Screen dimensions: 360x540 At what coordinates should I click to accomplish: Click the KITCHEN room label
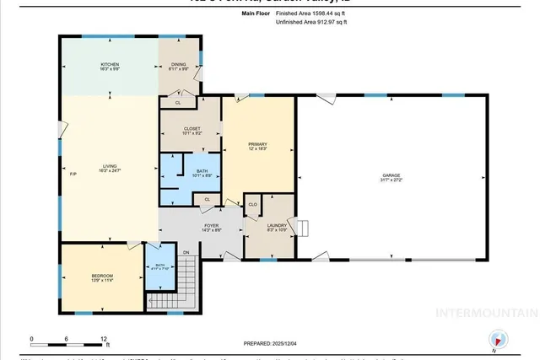tap(110, 65)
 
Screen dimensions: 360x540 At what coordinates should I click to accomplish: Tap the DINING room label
tap(178, 65)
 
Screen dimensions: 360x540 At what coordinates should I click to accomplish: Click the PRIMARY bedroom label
tap(257, 145)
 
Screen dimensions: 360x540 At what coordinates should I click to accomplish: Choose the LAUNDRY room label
tap(277, 225)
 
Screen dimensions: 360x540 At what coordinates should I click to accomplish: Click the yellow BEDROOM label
tap(102, 276)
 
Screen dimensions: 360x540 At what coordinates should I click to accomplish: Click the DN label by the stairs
tap(186, 251)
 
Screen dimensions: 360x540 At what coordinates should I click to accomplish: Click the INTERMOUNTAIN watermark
tap(485, 313)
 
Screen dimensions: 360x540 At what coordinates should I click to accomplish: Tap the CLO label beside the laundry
tap(252, 204)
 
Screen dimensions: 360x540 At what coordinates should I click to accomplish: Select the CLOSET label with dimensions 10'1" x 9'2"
tap(192, 129)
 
